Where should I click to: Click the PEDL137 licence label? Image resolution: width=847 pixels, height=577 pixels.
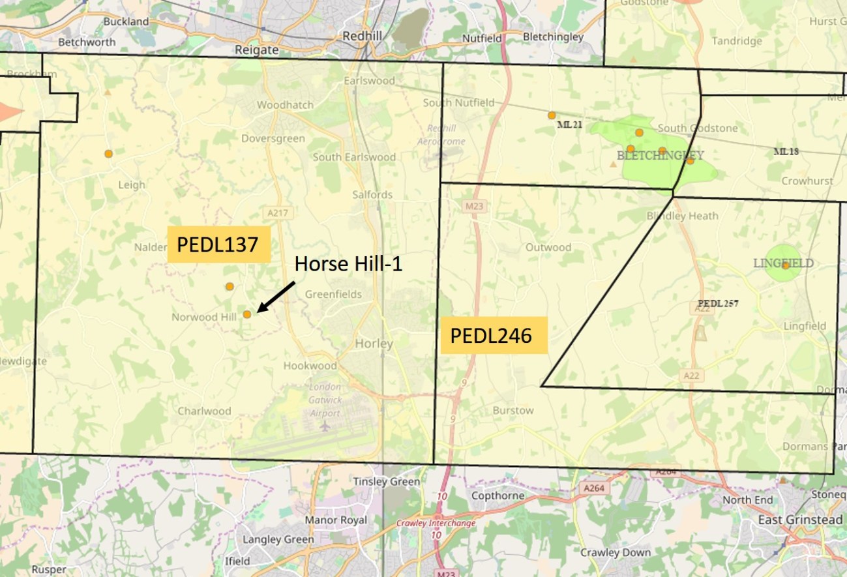[218, 244]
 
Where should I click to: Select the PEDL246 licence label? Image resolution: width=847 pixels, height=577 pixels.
[493, 336]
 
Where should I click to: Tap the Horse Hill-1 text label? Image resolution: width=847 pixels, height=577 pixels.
[348, 263]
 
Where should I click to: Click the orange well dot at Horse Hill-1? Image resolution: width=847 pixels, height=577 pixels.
[247, 314]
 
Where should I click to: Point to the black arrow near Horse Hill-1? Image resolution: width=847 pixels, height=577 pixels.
[276, 297]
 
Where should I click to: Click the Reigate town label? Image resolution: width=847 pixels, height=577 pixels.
[256, 50]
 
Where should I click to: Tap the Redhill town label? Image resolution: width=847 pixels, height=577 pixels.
[362, 35]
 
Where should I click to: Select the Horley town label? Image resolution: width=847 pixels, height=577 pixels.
[374, 344]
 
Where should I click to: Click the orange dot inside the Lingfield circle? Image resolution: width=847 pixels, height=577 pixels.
[786, 265]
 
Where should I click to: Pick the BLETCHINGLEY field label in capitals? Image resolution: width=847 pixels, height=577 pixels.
[660, 156]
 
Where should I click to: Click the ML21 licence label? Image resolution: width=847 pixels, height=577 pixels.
[569, 125]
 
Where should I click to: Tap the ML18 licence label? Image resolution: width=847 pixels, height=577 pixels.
[786, 152]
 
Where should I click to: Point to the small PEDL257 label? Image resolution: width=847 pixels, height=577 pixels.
[717, 303]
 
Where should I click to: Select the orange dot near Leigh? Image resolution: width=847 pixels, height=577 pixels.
[108, 154]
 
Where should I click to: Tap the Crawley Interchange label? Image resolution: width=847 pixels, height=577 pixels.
[436, 523]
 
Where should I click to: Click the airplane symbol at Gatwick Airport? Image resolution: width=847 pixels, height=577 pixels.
[325, 426]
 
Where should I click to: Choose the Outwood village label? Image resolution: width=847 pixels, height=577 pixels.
[548, 248]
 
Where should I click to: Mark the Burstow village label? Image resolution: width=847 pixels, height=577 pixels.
[513, 411]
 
